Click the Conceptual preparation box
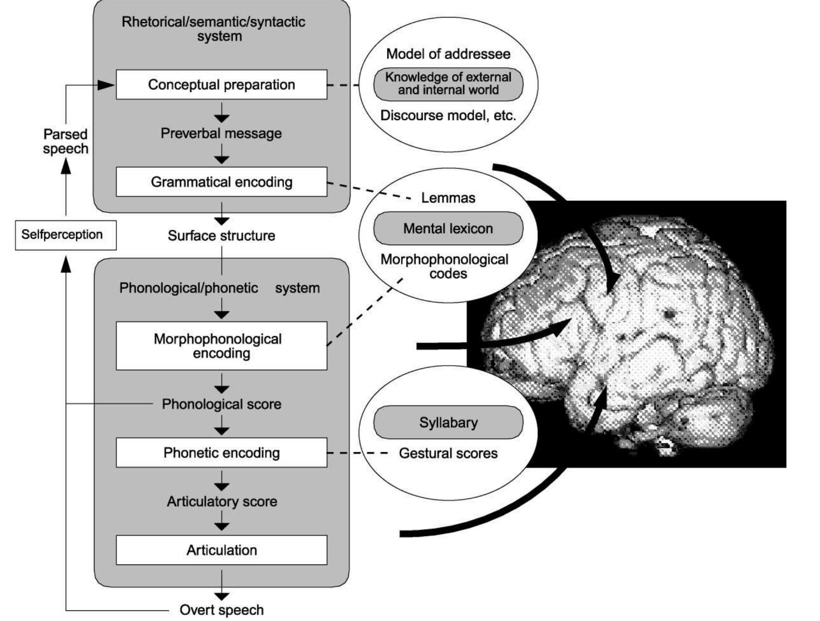click(221, 85)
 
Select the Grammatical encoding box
click(221, 182)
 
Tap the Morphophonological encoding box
click(221, 346)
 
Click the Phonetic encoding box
click(221, 453)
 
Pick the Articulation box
click(221, 550)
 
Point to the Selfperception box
click(65, 235)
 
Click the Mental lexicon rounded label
click(448, 229)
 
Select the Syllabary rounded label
click(448, 423)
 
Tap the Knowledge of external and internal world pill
click(448, 84)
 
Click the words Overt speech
click(221, 610)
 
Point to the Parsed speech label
click(65, 141)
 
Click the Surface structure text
click(221, 235)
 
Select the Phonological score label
click(221, 404)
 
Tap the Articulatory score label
click(221, 502)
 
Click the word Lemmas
click(448, 198)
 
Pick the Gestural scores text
click(448, 453)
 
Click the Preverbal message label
click(221, 133)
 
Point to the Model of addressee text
click(448, 54)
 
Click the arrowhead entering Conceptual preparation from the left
click(106, 85)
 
